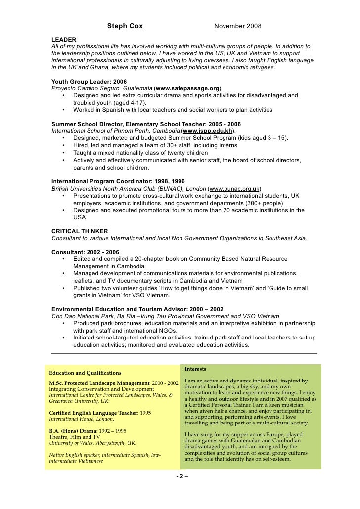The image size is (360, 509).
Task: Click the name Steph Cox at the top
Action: click(125, 26)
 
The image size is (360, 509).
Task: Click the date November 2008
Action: click(237, 26)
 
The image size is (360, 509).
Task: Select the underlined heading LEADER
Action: click(64, 39)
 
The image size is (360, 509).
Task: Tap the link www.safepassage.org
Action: click(188, 88)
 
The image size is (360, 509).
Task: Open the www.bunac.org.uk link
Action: click(234, 189)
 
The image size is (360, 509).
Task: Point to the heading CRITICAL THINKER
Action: click(80, 231)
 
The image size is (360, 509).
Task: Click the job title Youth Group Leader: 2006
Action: click(89, 81)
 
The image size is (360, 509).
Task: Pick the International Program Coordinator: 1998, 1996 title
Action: click(118, 181)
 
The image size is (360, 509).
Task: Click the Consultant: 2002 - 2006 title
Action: click(85, 252)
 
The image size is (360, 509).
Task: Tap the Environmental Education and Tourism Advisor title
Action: click(137, 309)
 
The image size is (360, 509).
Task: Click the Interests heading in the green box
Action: click(195, 369)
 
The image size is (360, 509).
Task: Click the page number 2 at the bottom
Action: click(181, 476)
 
